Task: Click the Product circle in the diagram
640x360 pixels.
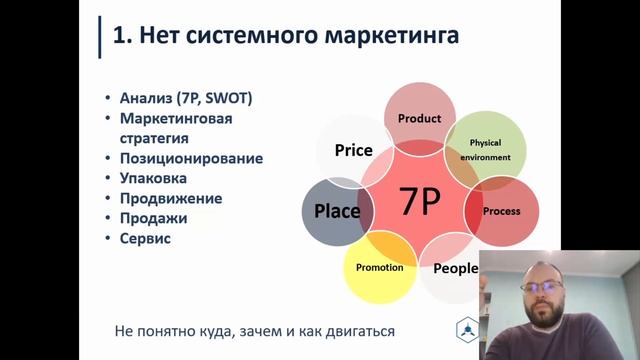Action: pyautogui.click(x=419, y=118)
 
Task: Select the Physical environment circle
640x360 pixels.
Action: pyautogui.click(x=486, y=149)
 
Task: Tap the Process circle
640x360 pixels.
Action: pyautogui.click(x=501, y=212)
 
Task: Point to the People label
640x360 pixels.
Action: pyautogui.click(x=455, y=268)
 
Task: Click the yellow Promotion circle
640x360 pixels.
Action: pyautogui.click(x=380, y=268)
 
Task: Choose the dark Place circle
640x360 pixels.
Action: pyautogui.click(x=337, y=212)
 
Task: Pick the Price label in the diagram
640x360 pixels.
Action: pyautogui.click(x=353, y=151)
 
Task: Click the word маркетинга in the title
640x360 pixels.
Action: pyautogui.click(x=389, y=36)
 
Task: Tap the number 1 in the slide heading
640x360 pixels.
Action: pyautogui.click(x=119, y=36)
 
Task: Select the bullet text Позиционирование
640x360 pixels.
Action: pyautogui.click(x=190, y=158)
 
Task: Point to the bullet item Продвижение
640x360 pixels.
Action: pyautogui.click(x=170, y=198)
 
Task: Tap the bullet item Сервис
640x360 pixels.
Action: pyautogui.click(x=145, y=238)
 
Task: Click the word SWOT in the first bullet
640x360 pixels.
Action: pyautogui.click(x=230, y=97)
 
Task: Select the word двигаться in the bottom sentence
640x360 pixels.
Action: pyautogui.click(x=353, y=330)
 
